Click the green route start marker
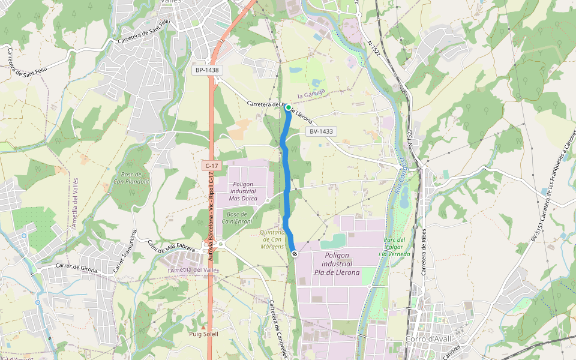pos(288,107)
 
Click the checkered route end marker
pos(295,254)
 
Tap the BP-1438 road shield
pos(207,70)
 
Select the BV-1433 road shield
pos(322,131)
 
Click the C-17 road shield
pos(210,165)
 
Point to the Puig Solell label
pos(203,334)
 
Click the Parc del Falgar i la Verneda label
pos(394,247)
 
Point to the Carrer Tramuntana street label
pos(125,251)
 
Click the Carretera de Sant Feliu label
pos(139,34)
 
